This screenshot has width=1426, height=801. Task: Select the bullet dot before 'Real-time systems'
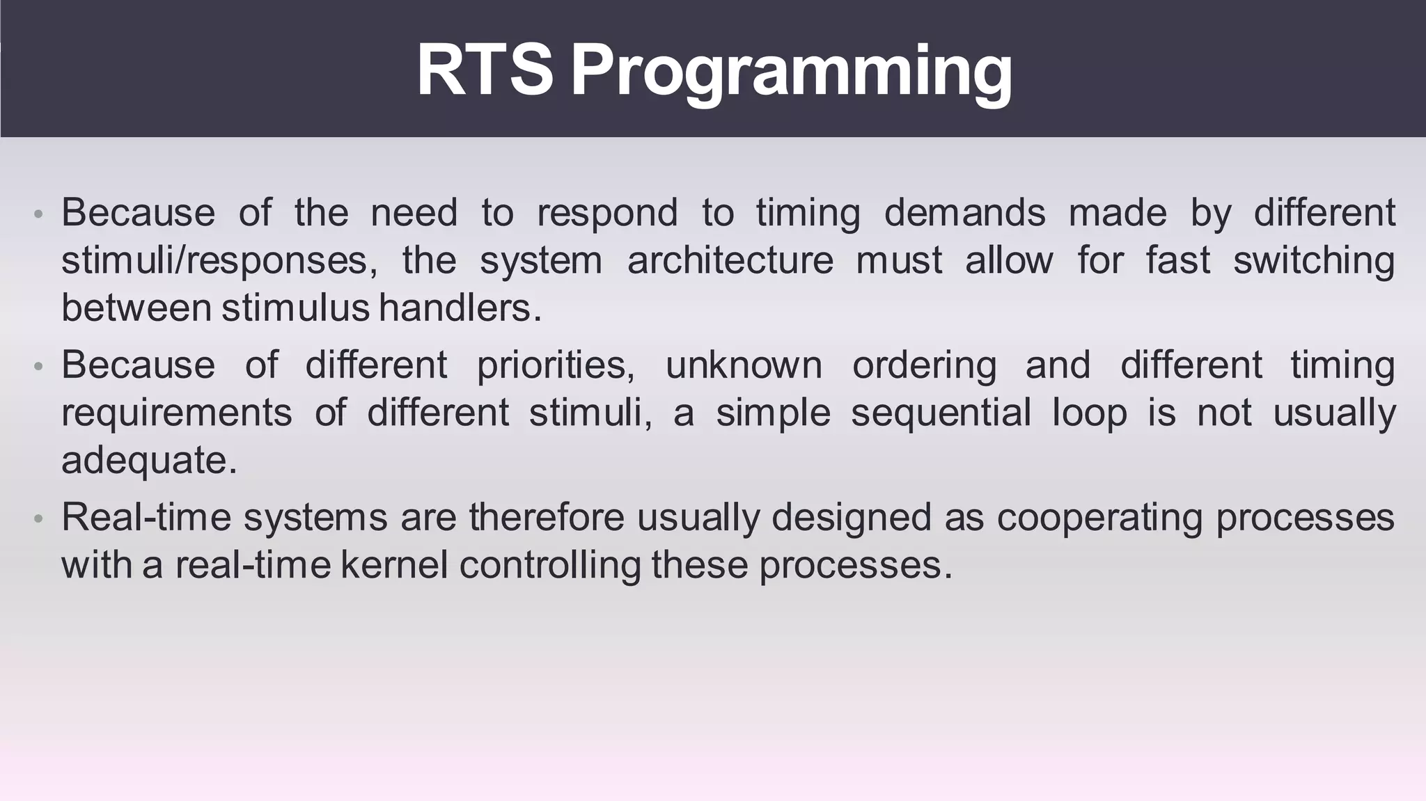tap(39, 518)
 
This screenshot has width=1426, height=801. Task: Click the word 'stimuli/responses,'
tap(219, 261)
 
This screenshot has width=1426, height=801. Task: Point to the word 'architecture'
tap(730, 261)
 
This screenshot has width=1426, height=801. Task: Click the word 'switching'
tap(1313, 261)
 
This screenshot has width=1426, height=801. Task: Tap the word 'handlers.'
tap(460, 308)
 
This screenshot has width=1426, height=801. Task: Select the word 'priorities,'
tap(556, 365)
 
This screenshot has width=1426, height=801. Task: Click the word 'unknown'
tap(743, 365)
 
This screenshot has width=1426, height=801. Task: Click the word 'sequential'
tap(940, 413)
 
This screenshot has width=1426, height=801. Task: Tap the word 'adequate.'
tap(149, 461)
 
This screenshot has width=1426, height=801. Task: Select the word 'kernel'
tap(394, 564)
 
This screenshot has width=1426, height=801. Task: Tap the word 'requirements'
tap(176, 413)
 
